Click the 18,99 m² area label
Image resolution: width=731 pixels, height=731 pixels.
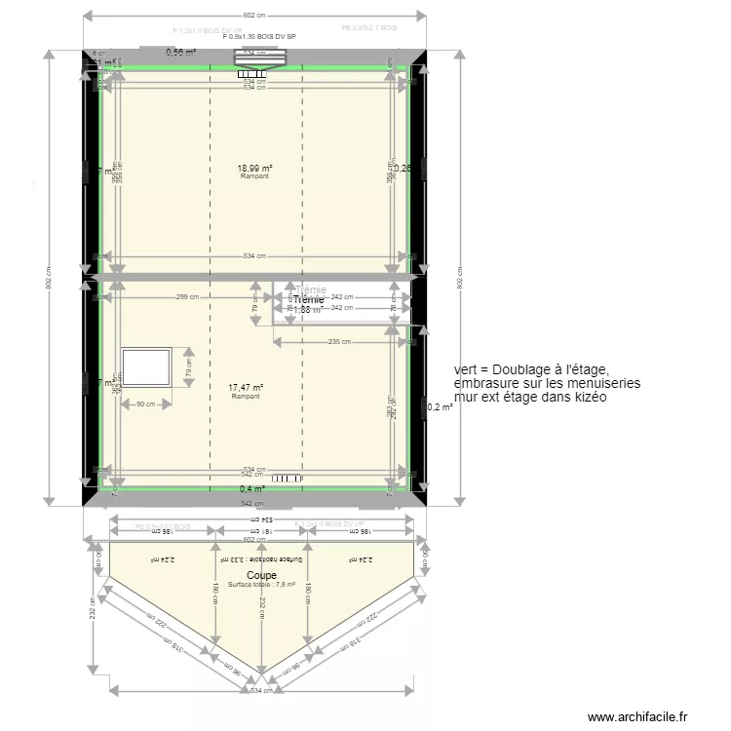pos(254,169)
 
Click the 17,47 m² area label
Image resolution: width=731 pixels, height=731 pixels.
pos(245,388)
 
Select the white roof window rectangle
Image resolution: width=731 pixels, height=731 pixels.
pos(145,366)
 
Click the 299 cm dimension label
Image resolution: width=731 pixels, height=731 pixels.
pos(188,297)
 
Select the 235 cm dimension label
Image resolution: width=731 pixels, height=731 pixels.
pos(339,341)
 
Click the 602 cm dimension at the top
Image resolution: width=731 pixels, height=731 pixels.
pos(253,16)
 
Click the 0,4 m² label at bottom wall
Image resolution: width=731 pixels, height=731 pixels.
pos(252,488)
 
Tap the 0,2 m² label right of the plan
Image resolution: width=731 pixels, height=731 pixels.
pos(441,407)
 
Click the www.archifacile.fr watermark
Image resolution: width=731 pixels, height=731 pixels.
pos(644,717)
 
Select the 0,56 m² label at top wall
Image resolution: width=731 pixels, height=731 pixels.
pos(180,53)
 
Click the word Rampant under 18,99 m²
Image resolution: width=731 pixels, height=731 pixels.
pos(254,177)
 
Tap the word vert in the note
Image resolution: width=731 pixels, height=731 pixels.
pos(466,370)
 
